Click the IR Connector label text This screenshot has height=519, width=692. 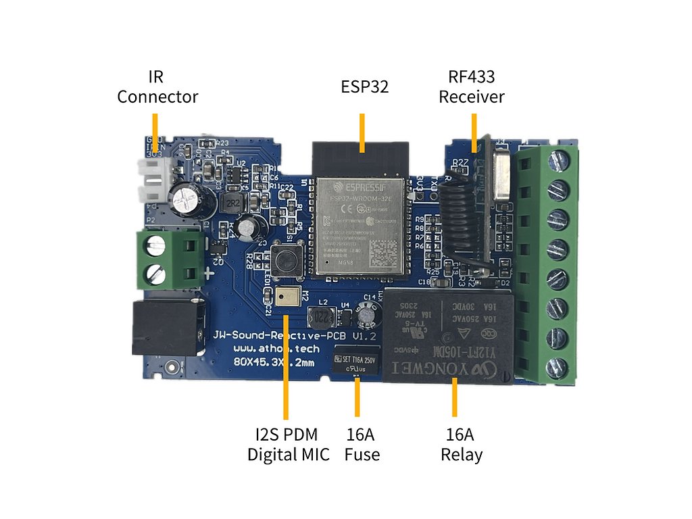[x=157, y=86]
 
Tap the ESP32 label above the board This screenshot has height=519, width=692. [x=364, y=86]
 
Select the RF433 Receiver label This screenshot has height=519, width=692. [x=472, y=86]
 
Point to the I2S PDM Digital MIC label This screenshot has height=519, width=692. [x=289, y=444]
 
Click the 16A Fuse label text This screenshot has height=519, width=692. [x=362, y=444]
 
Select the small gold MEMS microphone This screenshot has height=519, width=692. [x=285, y=295]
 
